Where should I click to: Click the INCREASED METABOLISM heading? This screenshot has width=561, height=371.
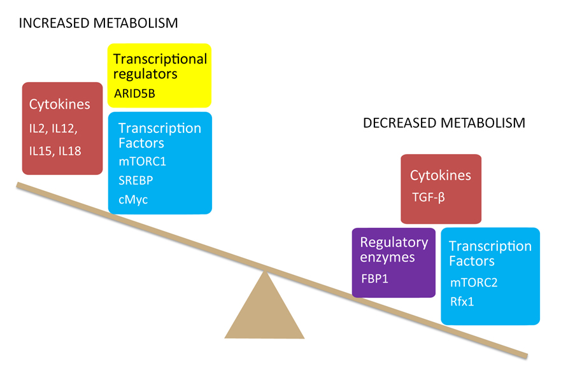tap(99, 24)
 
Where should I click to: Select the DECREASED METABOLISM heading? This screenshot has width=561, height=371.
tap(444, 123)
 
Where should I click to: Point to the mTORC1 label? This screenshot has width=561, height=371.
tap(142, 162)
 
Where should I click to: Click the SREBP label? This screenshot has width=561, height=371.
tap(135, 180)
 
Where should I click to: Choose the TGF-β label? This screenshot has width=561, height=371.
tap(427, 197)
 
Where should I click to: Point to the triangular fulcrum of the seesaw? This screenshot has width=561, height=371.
tap(264, 309)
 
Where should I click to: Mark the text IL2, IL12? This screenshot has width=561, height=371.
tap(53, 129)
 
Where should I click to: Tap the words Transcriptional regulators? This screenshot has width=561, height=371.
tap(160, 66)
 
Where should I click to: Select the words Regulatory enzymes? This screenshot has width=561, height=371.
tap(394, 250)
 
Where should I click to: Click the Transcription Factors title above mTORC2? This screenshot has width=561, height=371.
tap(490, 253)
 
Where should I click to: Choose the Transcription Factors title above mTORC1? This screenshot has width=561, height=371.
tap(159, 135)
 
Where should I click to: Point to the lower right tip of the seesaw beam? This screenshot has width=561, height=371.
tap(526, 355)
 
